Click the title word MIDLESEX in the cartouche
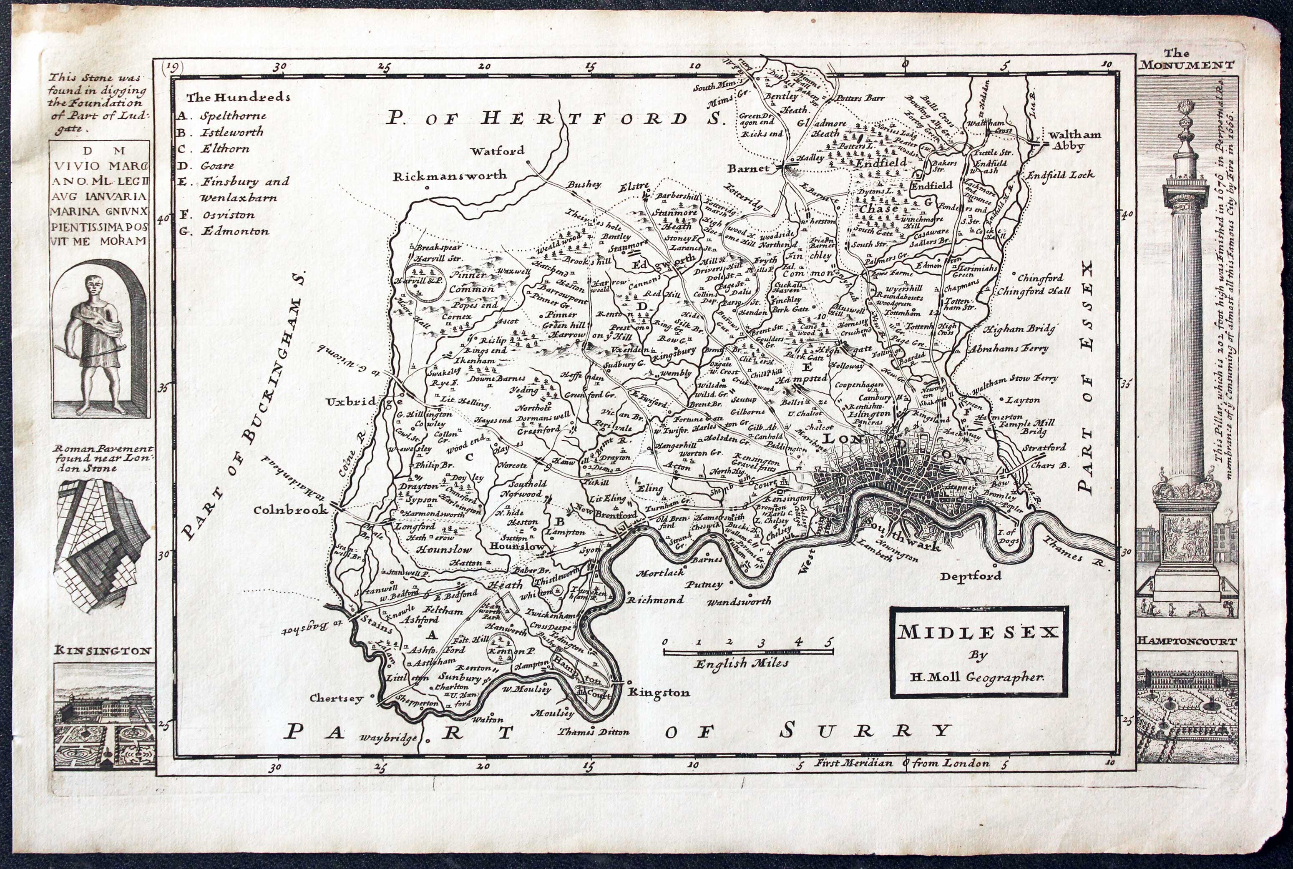(x=978, y=632)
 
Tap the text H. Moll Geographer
(x=978, y=677)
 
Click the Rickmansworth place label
(x=450, y=176)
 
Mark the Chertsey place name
(x=337, y=698)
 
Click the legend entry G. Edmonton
(x=224, y=231)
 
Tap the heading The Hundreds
(x=238, y=98)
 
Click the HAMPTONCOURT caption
(x=1187, y=641)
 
